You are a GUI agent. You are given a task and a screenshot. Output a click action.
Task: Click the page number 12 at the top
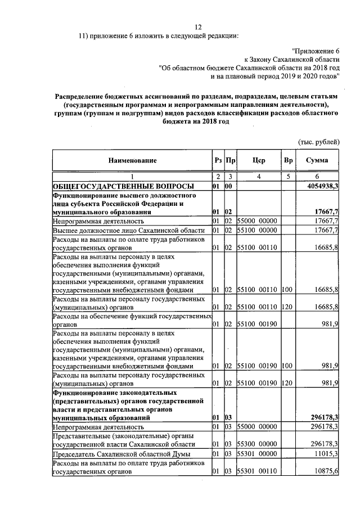click(x=198, y=26)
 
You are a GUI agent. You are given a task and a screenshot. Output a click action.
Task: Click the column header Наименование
click(x=133, y=161)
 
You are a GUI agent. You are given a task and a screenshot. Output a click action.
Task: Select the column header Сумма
click(x=317, y=161)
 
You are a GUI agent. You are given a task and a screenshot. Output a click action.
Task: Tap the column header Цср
click(x=259, y=161)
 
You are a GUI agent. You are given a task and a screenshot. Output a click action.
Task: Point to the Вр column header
click(x=289, y=161)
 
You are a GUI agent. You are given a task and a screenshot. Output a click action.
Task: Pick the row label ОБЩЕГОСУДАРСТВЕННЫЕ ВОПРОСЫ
click(x=124, y=186)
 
